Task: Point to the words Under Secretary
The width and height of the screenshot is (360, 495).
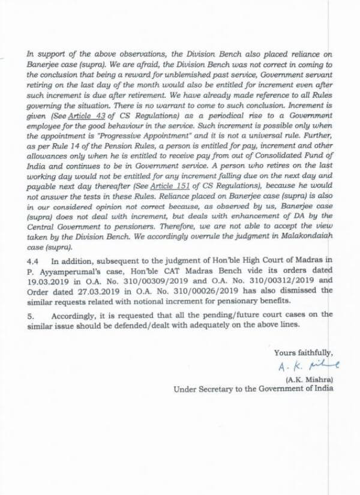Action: tap(202, 388)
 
